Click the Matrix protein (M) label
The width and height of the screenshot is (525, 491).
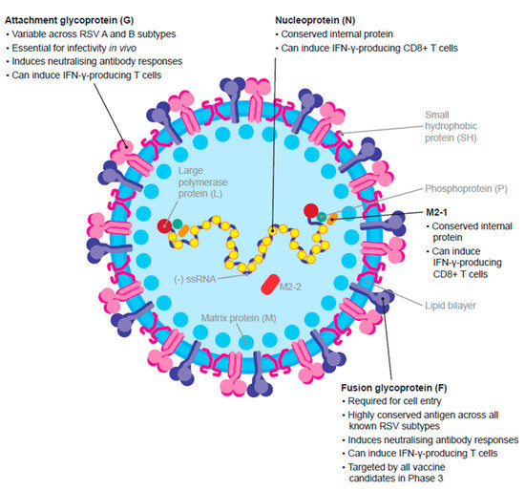[x=235, y=316]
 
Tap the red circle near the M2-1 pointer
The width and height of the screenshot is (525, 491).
[x=311, y=209]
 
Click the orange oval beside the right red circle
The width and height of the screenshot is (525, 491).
[x=331, y=219]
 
